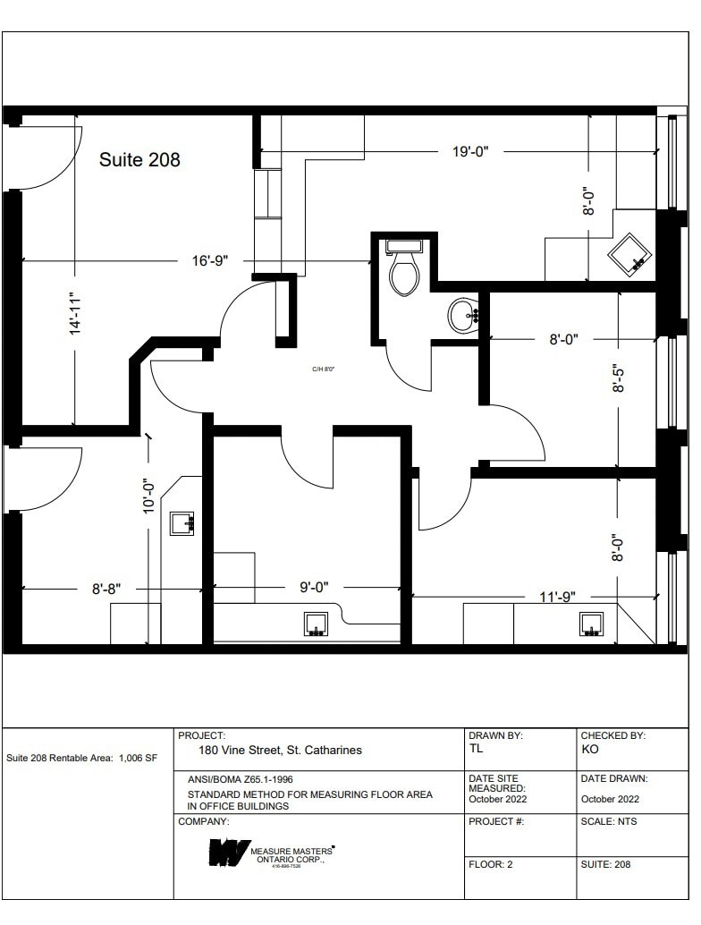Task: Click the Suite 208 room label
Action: pyautogui.click(x=139, y=160)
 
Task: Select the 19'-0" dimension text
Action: pyautogui.click(x=469, y=152)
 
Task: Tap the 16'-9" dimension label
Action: pyautogui.click(x=211, y=261)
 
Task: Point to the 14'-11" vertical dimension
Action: pyautogui.click(x=75, y=315)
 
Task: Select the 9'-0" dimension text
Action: pyautogui.click(x=314, y=588)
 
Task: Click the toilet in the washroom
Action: pyautogui.click(x=404, y=269)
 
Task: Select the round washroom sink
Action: pyautogui.click(x=464, y=315)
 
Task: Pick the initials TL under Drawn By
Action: pyautogui.click(x=476, y=749)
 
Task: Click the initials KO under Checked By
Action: pyautogui.click(x=589, y=749)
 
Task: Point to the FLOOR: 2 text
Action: pyautogui.click(x=491, y=865)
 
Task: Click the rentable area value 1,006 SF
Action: pyautogui.click(x=138, y=758)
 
